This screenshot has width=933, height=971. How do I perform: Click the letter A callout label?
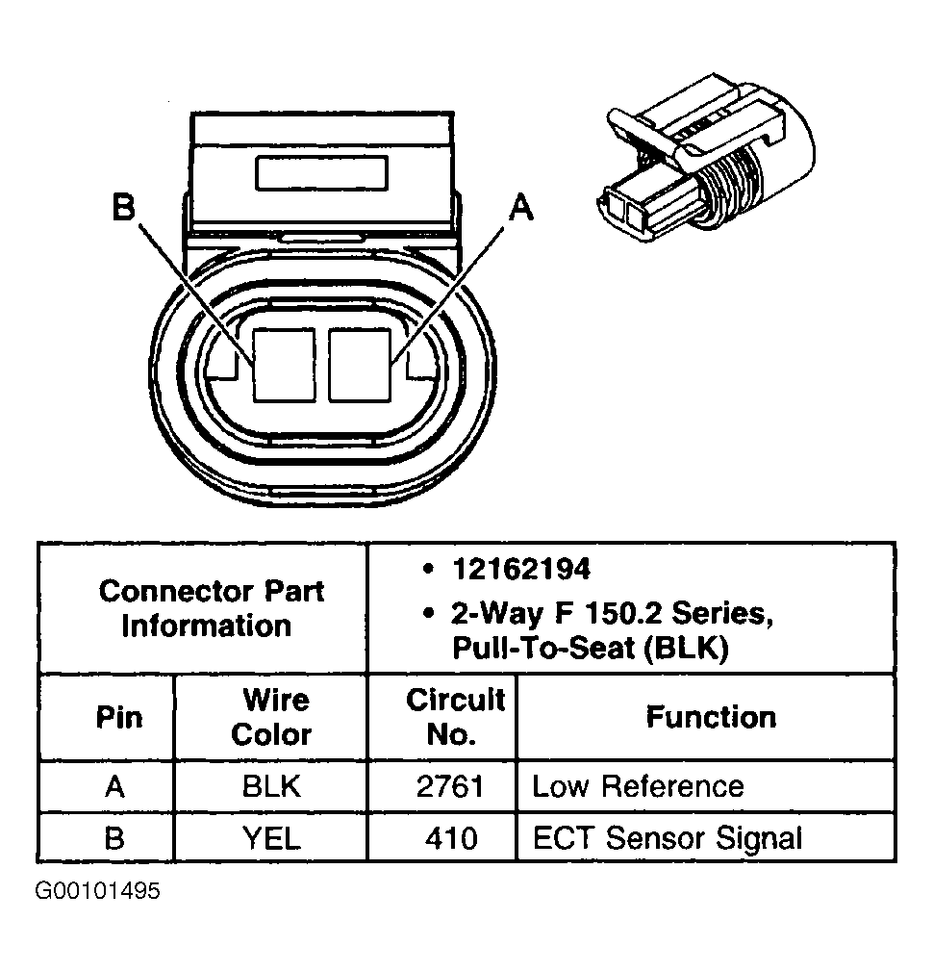pyautogui.click(x=520, y=207)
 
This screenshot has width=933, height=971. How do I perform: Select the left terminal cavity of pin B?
pyautogui.click(x=284, y=364)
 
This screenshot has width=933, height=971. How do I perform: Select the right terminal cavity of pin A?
pyautogui.click(x=359, y=364)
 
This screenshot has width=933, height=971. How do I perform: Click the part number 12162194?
pyautogui.click(x=520, y=569)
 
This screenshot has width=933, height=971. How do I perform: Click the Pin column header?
pyautogui.click(x=119, y=717)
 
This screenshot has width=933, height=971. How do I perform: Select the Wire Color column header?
pyautogui.click(x=271, y=717)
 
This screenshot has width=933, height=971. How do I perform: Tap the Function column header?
pyautogui.click(x=710, y=717)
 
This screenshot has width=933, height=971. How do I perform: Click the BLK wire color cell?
pyautogui.click(x=271, y=786)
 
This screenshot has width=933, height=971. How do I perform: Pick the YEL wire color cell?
pyautogui.click(x=271, y=837)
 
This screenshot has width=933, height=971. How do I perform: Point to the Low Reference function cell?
pyautogui.click(x=638, y=786)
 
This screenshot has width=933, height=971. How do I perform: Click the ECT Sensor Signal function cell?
pyautogui.click(x=667, y=837)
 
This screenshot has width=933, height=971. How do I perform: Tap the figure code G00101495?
pyautogui.click(x=98, y=891)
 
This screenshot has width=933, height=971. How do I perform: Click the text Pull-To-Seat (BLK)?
pyautogui.click(x=590, y=649)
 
